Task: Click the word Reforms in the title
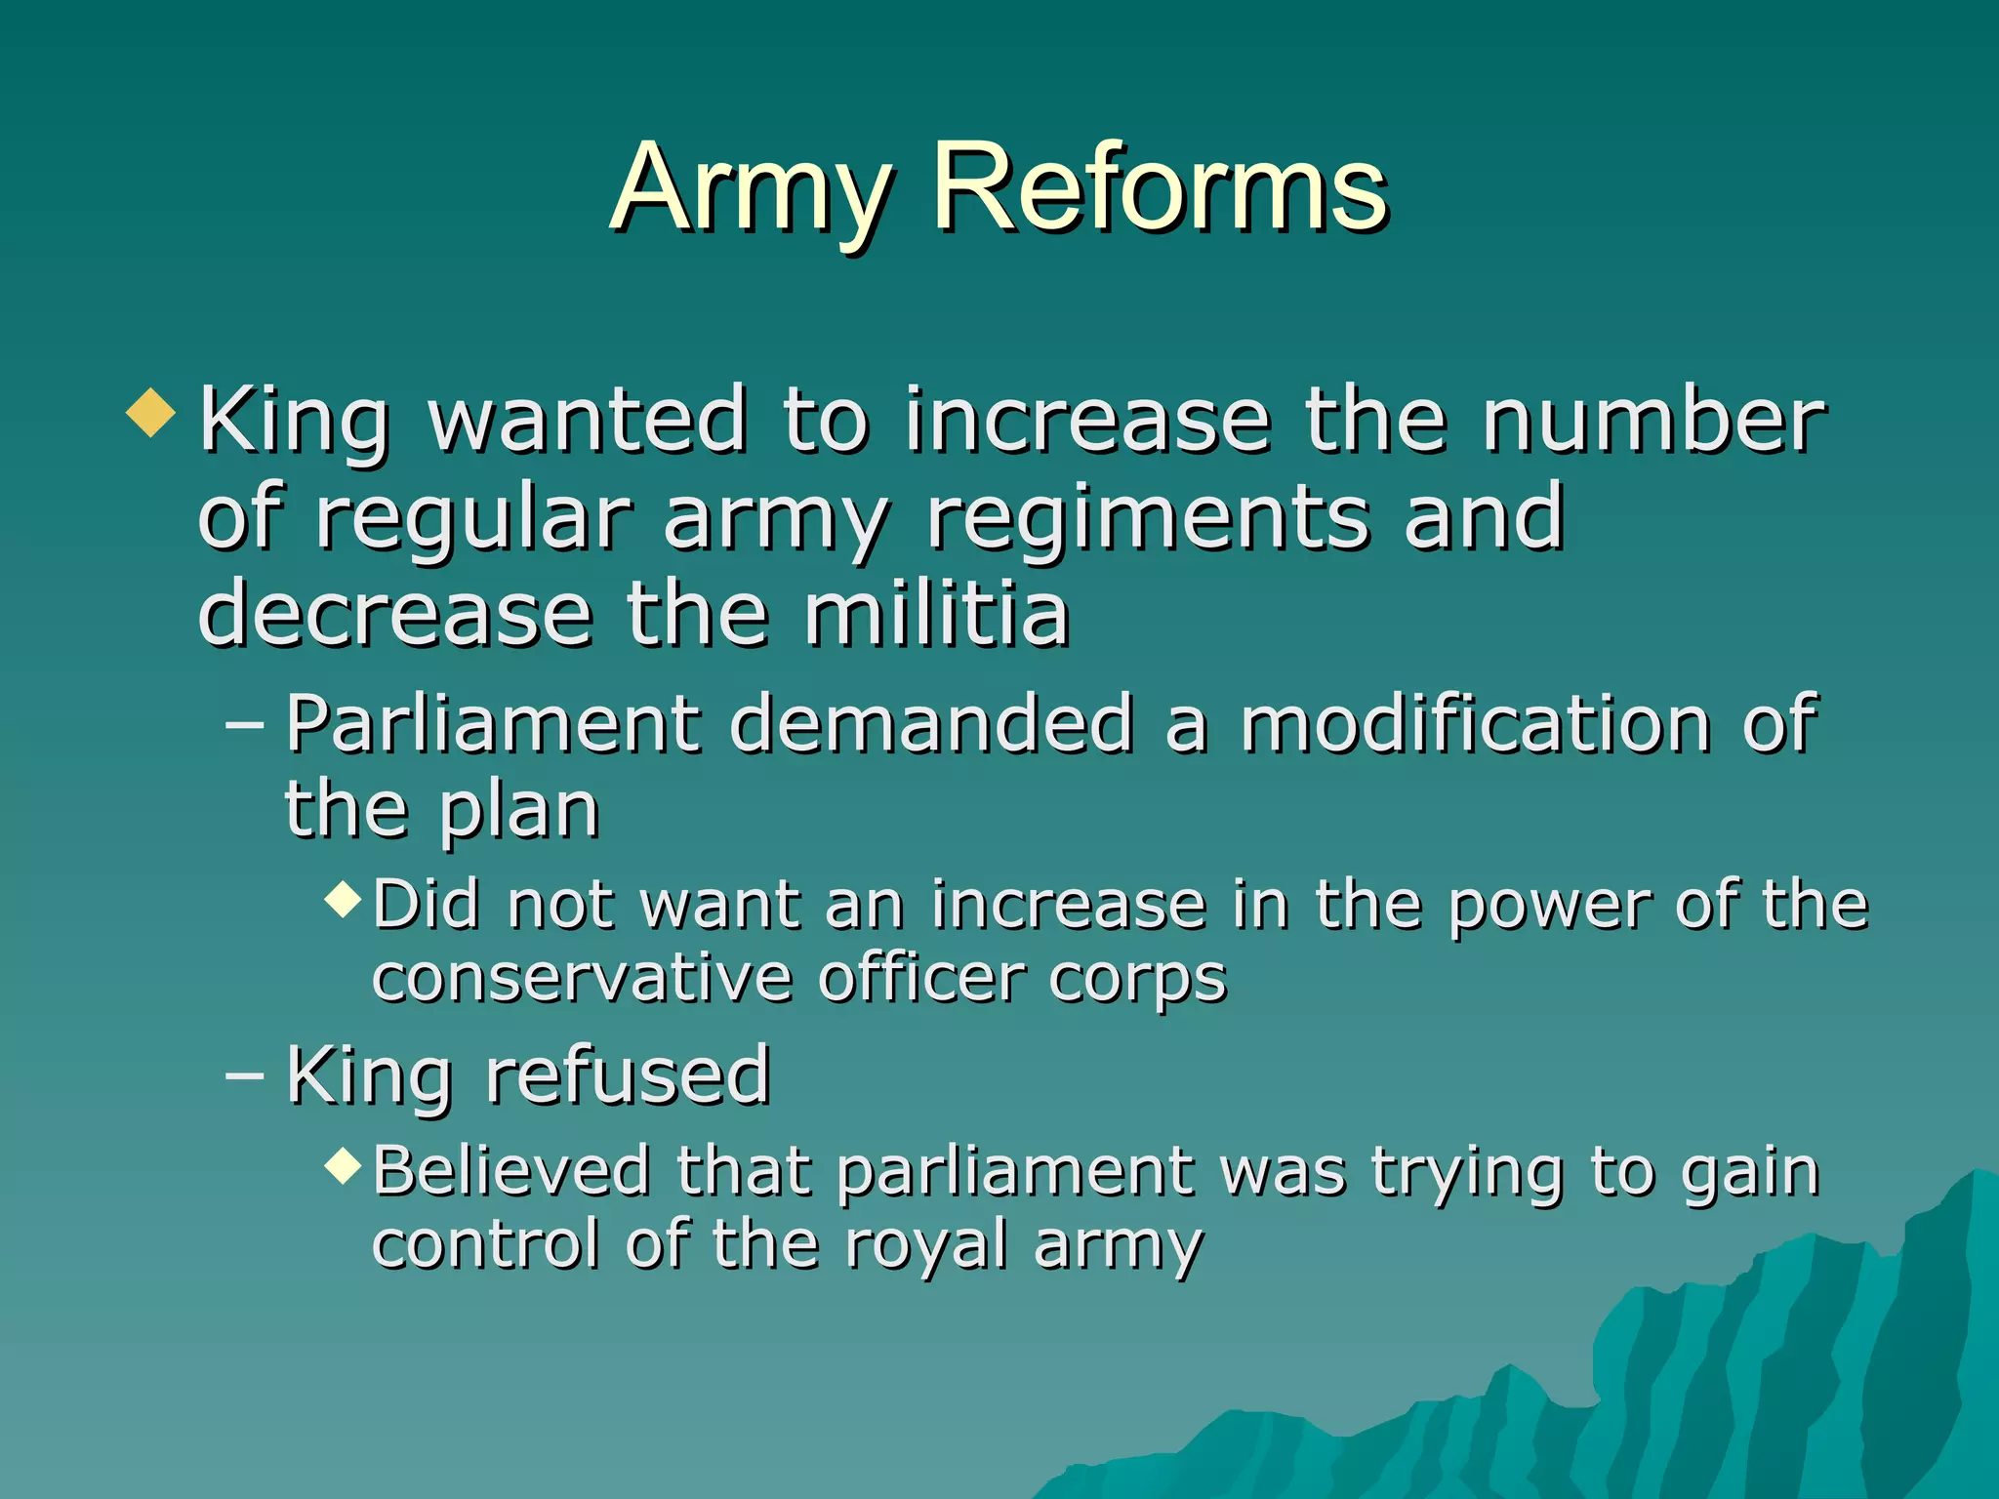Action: click(1160, 187)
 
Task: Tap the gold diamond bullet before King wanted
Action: click(151, 413)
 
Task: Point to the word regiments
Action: click(1148, 521)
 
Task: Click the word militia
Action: click(937, 615)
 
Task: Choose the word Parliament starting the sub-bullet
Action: click(493, 724)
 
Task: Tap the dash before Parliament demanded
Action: click(244, 726)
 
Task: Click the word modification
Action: click(1474, 724)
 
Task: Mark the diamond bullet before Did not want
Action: click(344, 898)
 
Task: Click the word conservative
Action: click(582, 978)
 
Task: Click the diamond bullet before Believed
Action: click(344, 1164)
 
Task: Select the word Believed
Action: click(511, 1170)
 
